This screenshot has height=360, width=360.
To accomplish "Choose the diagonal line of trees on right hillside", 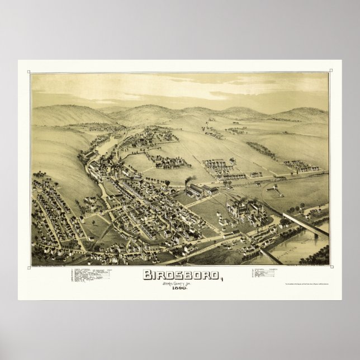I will [x=260, y=149].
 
